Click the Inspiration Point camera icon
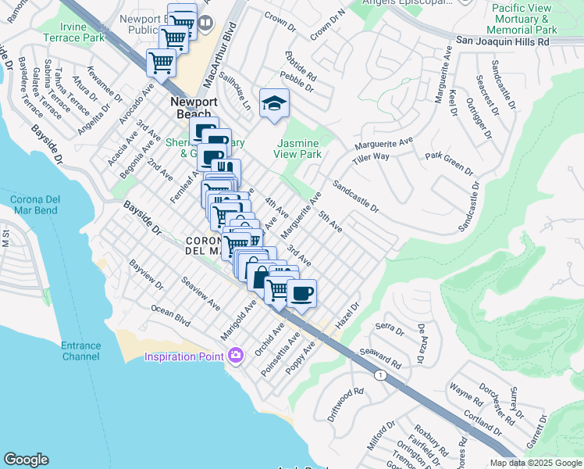click(236, 356)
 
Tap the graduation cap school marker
click(274, 104)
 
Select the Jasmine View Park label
click(300, 149)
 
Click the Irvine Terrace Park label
click(83, 32)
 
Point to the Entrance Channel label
click(80, 351)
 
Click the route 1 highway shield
click(380, 376)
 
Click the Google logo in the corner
click(27, 459)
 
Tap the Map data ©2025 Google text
click(536, 463)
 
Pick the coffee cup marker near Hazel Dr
click(301, 294)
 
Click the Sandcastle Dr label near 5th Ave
click(355, 197)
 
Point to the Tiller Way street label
click(370, 157)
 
